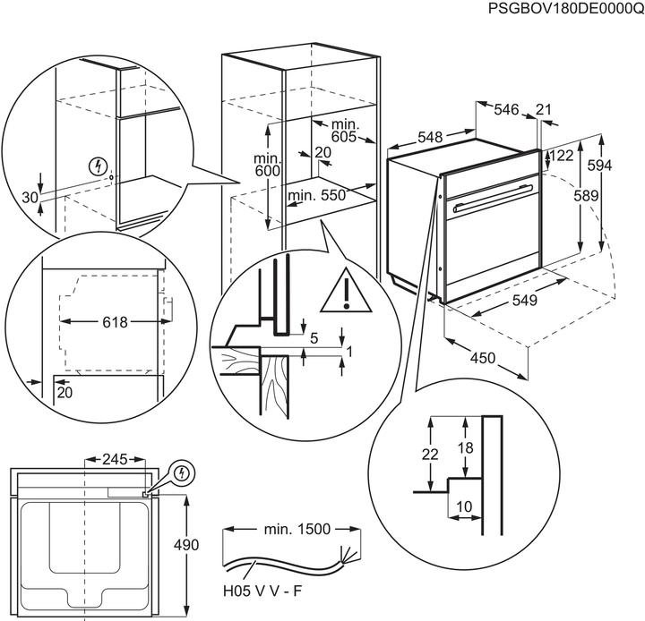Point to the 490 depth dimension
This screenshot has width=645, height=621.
pos(185,544)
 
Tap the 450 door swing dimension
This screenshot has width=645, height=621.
pos(484,359)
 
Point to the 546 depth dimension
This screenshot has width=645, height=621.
pos(507,110)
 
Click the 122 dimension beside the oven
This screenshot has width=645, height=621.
pos(562,155)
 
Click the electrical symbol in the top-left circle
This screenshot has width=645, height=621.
pos(99,166)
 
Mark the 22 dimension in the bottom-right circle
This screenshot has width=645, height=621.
pos(431,455)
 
